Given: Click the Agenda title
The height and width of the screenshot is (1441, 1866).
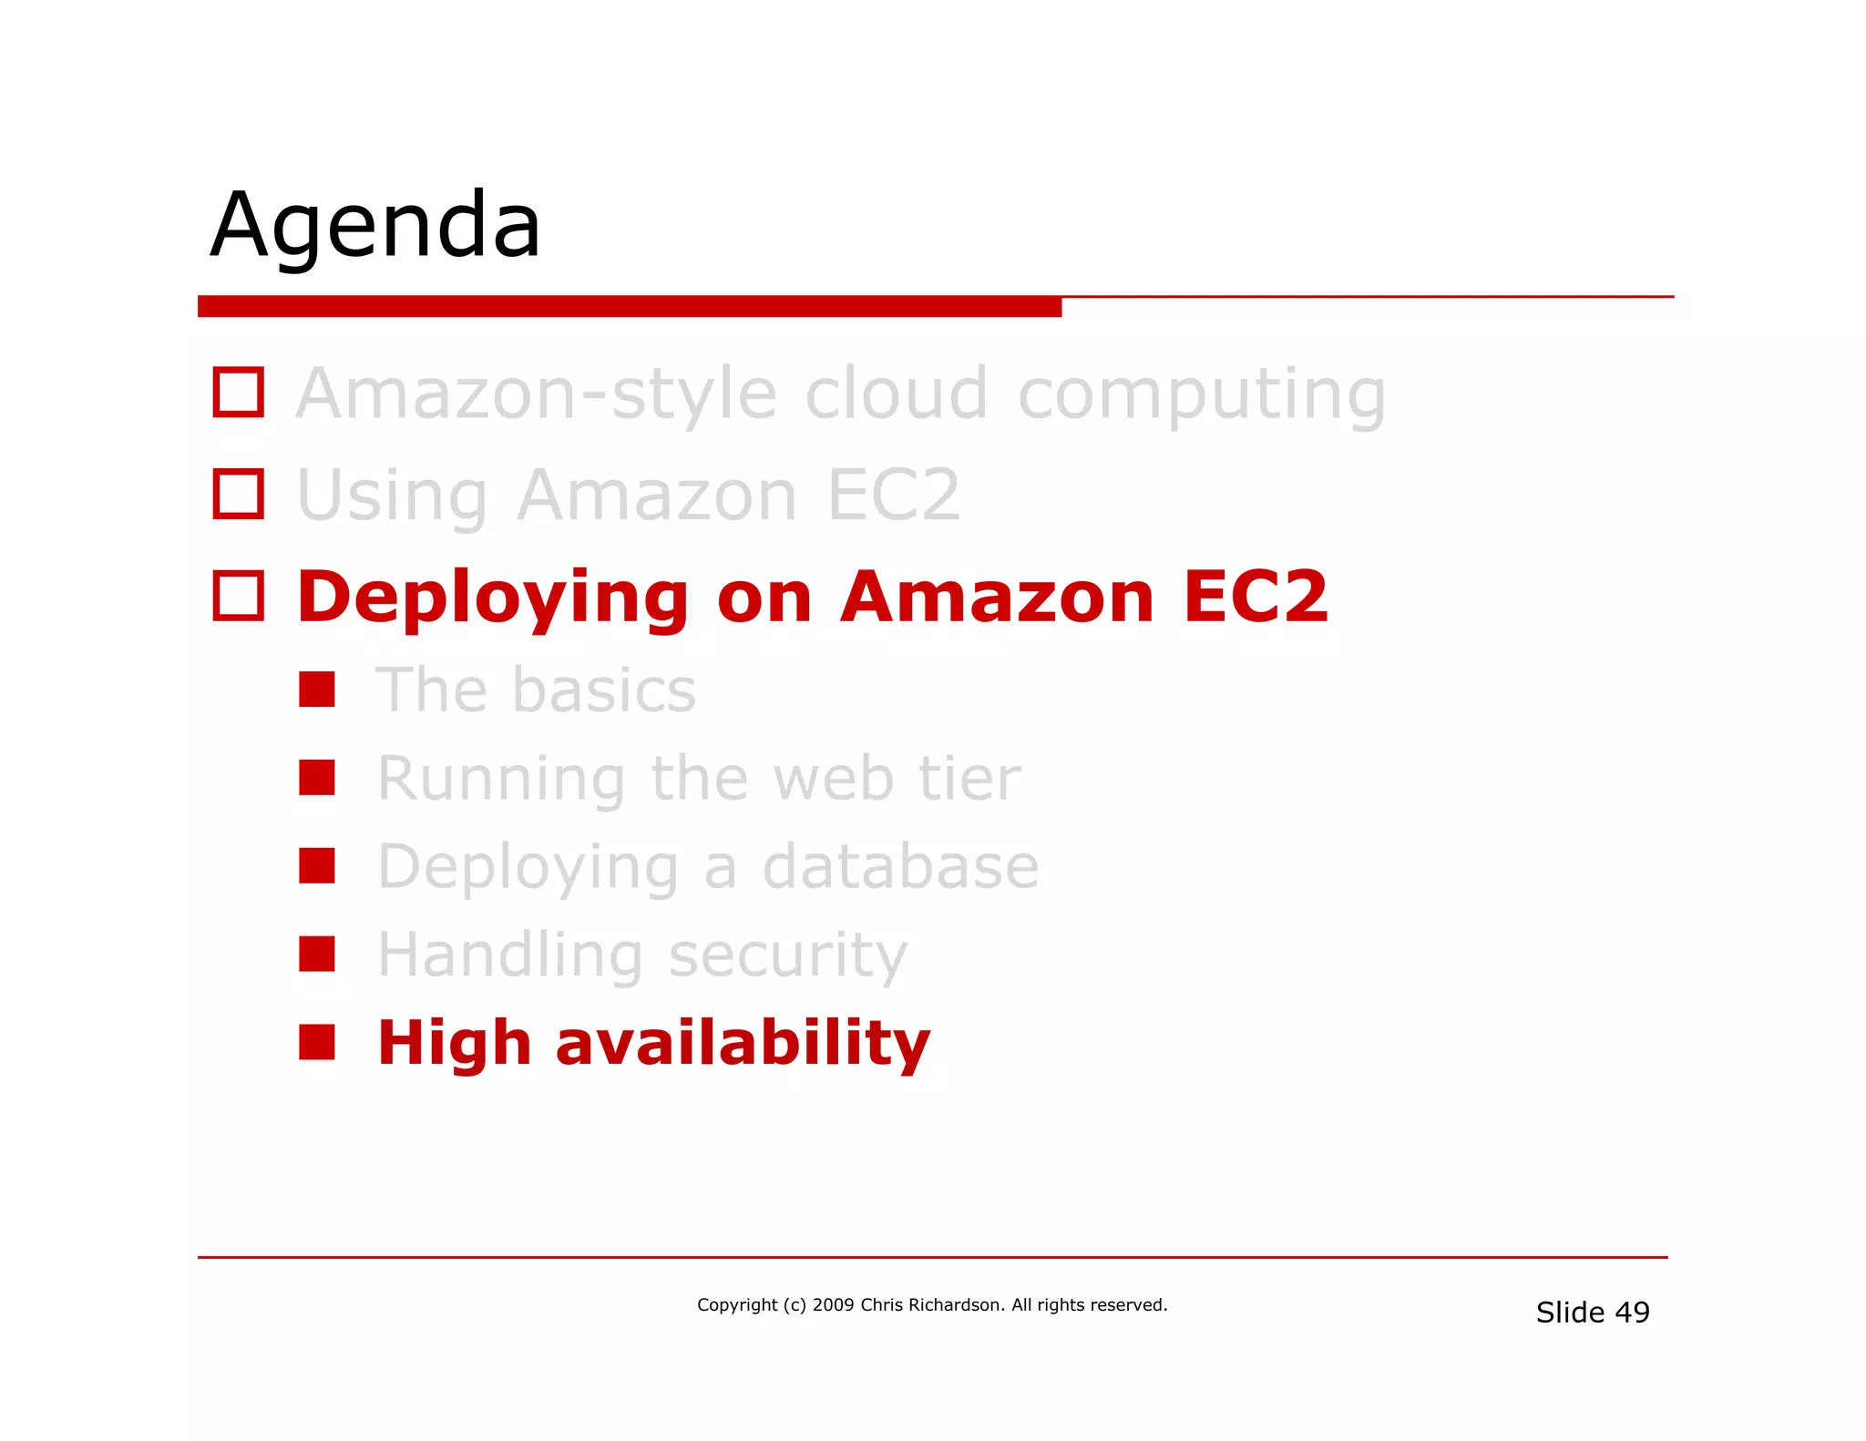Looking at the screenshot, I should [x=375, y=226].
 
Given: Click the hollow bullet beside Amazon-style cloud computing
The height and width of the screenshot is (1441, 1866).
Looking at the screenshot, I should [x=239, y=393].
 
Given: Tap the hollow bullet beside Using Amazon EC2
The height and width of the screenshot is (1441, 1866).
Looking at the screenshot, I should [x=239, y=495].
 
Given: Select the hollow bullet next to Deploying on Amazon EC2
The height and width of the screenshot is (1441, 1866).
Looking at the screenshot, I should [x=239, y=596].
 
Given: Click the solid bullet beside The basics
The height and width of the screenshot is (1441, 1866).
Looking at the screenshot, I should [x=317, y=690].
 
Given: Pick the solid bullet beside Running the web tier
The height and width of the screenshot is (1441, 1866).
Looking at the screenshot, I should [x=317, y=778].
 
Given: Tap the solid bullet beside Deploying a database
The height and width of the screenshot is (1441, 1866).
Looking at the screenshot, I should [x=317, y=866].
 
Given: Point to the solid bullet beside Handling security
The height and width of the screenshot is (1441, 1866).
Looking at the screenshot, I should [x=317, y=954].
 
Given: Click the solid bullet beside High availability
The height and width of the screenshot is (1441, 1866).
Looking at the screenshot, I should [x=317, y=1042].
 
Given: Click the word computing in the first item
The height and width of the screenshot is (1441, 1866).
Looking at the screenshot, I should [x=1201, y=395].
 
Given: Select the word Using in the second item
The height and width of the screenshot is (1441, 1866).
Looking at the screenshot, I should [x=392, y=496].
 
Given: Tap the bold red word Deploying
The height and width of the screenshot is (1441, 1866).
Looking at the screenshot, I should [x=492, y=598].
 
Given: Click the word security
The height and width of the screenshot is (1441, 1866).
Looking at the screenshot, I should [x=788, y=956].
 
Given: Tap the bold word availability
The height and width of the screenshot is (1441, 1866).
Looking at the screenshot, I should [x=743, y=1044].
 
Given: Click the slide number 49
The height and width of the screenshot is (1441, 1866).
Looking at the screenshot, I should [x=1632, y=1313].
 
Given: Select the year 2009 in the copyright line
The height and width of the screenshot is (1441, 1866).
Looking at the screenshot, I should [x=833, y=1305].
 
